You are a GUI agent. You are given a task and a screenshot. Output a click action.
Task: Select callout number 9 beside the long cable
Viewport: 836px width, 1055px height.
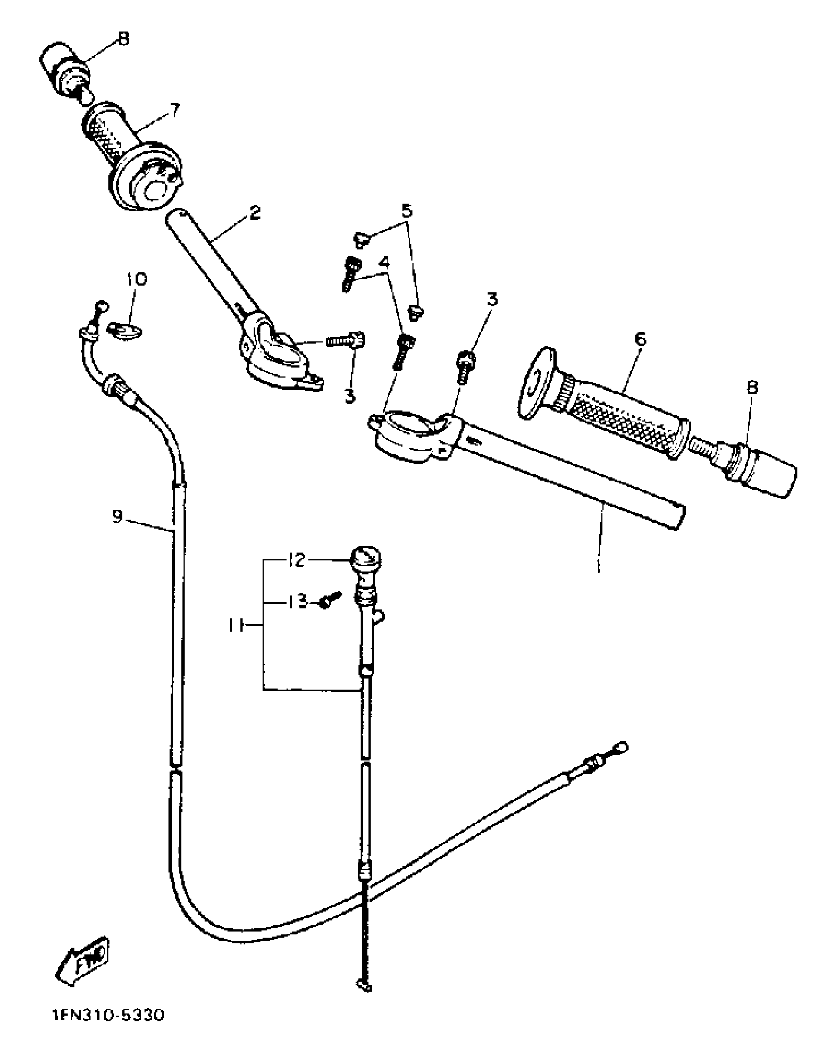(x=117, y=516)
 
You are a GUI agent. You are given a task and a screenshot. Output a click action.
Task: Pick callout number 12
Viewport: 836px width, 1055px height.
(x=296, y=560)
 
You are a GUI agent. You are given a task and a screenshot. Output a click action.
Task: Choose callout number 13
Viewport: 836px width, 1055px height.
(x=297, y=601)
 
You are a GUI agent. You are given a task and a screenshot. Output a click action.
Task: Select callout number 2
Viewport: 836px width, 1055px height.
(x=254, y=213)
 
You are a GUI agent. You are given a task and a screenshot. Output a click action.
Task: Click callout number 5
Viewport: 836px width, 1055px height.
(x=407, y=211)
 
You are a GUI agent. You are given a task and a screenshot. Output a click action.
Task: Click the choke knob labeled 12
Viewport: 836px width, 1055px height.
(x=365, y=558)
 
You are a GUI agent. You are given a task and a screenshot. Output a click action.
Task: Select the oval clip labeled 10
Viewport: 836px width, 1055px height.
(x=126, y=329)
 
